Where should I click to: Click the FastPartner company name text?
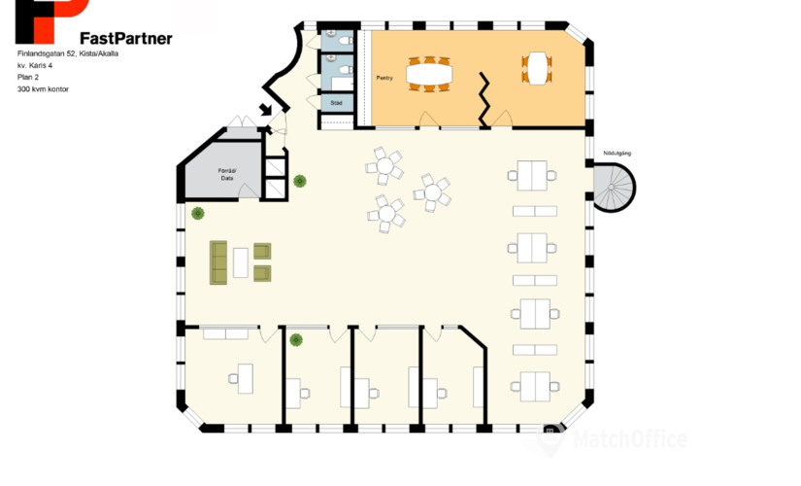pos(126,38)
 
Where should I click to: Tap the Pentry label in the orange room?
pos(384,78)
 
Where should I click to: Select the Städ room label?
pos(336,103)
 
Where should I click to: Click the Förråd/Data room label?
pos(227,174)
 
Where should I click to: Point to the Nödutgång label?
pos(617,153)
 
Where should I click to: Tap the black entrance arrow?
pos(266,110)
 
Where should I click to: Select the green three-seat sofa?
pos(218,262)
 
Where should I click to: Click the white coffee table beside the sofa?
pos(241,262)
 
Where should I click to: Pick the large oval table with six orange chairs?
pos(429,74)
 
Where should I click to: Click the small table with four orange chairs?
pos(537,68)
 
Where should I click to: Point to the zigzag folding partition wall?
pos(484,100)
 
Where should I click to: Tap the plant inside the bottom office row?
pos(296,339)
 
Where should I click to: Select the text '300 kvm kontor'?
pos(43,89)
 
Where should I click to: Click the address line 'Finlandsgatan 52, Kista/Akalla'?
pos(68,53)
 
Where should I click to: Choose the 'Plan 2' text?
pos(28,77)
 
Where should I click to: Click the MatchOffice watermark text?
pos(630,439)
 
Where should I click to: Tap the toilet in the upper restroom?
pos(346,40)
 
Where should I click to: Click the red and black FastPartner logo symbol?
pos(52,21)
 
